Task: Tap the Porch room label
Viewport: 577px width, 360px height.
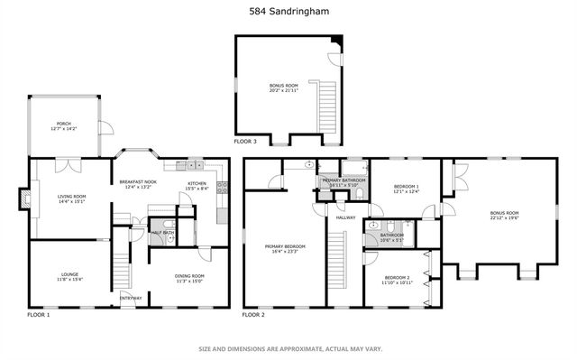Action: pos(63,124)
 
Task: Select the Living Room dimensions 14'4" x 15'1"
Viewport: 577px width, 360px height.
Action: pos(71,201)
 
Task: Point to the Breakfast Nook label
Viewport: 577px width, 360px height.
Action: pos(138,182)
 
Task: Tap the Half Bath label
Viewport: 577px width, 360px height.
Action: pos(162,232)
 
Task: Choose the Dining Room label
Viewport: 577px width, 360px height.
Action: pos(189,276)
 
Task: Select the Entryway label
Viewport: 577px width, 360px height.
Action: pos(131,299)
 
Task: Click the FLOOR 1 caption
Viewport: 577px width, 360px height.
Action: pos(39,315)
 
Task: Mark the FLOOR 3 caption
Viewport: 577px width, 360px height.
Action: pos(245,142)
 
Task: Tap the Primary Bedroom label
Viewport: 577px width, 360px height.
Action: pos(284,245)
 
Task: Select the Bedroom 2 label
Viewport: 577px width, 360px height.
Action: pos(398,278)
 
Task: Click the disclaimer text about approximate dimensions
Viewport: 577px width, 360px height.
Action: pos(288,348)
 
